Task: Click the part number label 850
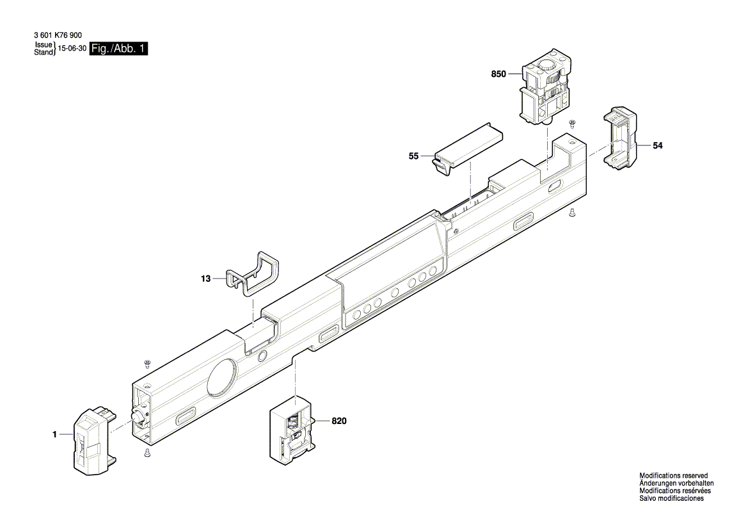498,74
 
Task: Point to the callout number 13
205,279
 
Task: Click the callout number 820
340,421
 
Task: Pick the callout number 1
55,435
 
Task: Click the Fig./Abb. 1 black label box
119,49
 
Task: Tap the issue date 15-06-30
72,49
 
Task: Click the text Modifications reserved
674,476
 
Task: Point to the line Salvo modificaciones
671,498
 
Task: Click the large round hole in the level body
221,376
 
